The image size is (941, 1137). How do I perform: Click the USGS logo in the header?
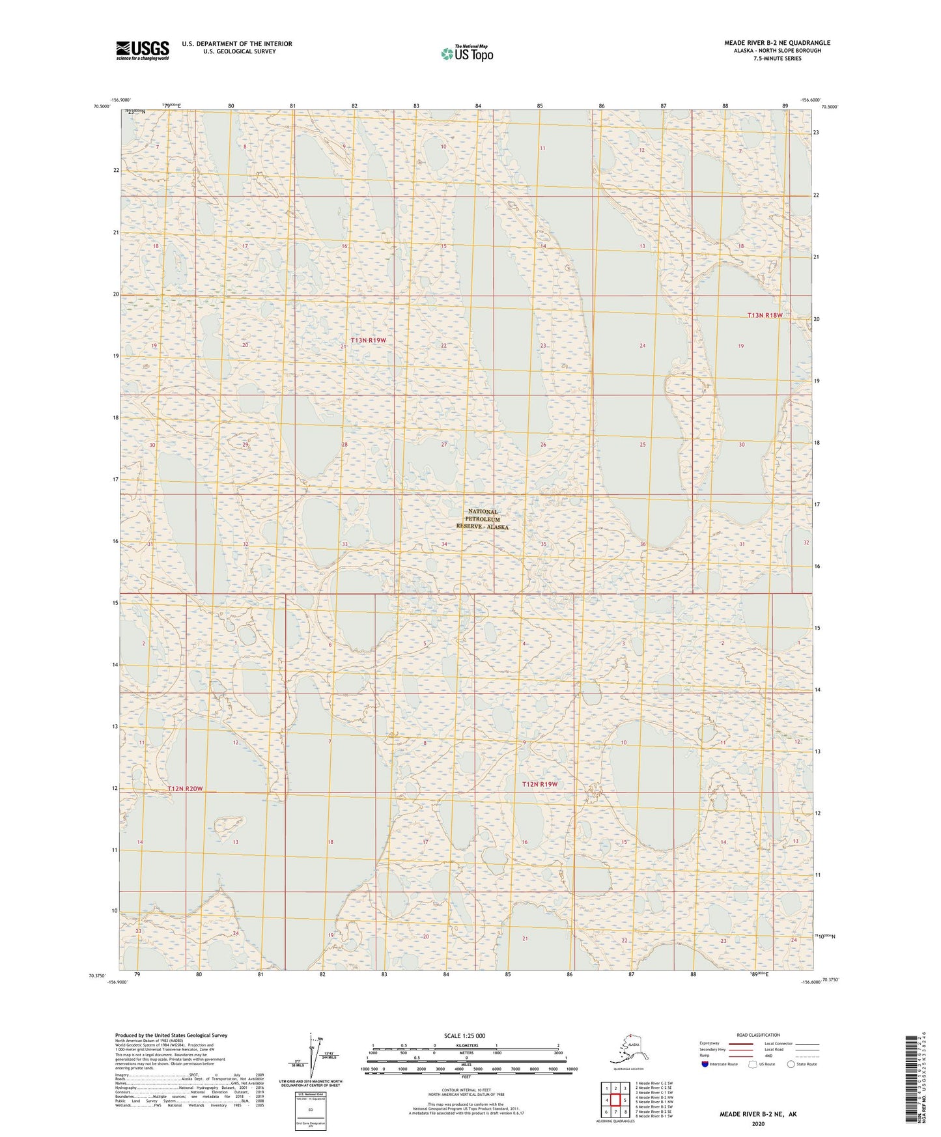[x=142, y=50]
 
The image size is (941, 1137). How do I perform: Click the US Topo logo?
[x=466, y=53]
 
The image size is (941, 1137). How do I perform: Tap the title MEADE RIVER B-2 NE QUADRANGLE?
[x=777, y=43]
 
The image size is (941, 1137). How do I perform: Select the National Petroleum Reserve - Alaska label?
[x=482, y=519]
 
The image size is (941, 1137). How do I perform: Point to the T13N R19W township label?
[x=369, y=341]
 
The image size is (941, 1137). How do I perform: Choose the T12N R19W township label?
[x=540, y=784]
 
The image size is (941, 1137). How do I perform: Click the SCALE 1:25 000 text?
[x=464, y=1036]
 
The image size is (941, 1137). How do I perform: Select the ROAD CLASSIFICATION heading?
[x=758, y=1035]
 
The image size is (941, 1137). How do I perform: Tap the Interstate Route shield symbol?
[x=705, y=1064]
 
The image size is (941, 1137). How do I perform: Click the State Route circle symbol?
[x=791, y=1064]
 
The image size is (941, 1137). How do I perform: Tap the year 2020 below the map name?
[x=757, y=1123]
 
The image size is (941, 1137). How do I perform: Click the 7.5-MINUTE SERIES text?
[x=777, y=59]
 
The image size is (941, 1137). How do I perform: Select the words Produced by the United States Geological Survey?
[x=171, y=1035]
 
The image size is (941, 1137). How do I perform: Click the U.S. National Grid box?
[x=310, y=1110]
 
